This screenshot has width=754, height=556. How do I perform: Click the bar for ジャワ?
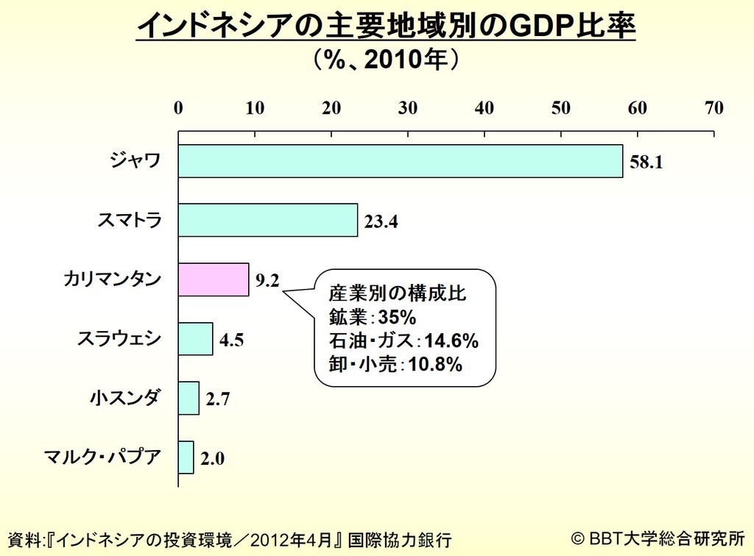(400, 161)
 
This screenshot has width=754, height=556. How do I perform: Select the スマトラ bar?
(268, 220)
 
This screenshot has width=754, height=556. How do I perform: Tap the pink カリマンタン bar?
(214, 279)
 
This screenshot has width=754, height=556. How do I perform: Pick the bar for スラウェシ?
(196, 339)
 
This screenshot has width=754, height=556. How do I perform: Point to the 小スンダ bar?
(188, 398)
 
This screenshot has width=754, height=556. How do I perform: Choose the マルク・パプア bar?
(186, 457)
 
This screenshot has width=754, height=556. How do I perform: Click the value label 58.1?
(647, 163)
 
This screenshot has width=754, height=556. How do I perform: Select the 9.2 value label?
(268, 280)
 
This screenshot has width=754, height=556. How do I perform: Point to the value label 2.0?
(213, 459)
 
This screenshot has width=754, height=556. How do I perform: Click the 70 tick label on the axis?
(714, 108)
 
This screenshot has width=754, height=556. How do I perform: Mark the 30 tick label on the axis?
(408, 108)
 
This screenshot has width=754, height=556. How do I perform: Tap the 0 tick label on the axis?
(178, 108)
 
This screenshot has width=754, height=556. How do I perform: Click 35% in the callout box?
(398, 318)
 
